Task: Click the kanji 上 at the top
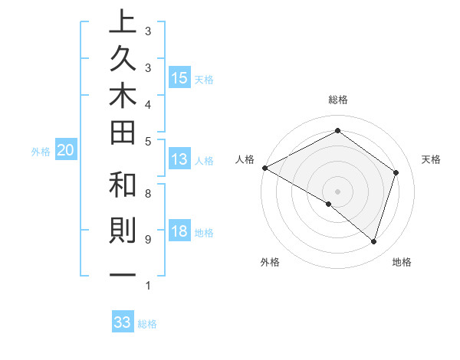pos(123,22)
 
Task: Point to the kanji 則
pos(123,231)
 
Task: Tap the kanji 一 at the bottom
pos(123,275)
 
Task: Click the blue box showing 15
pos(179,78)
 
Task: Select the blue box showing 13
pos(179,160)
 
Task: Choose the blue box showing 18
pos(179,232)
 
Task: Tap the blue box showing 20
pos(66,151)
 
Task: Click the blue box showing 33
pos(123,322)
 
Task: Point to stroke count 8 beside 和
pos(148,194)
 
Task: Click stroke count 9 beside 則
pos(148,239)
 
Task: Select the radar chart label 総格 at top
pos(338,100)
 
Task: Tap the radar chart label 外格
pos(270,262)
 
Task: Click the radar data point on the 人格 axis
pos(264,168)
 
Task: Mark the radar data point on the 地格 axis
pos(373,241)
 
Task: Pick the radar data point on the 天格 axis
pos(396,172)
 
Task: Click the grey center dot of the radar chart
pos(338,191)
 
